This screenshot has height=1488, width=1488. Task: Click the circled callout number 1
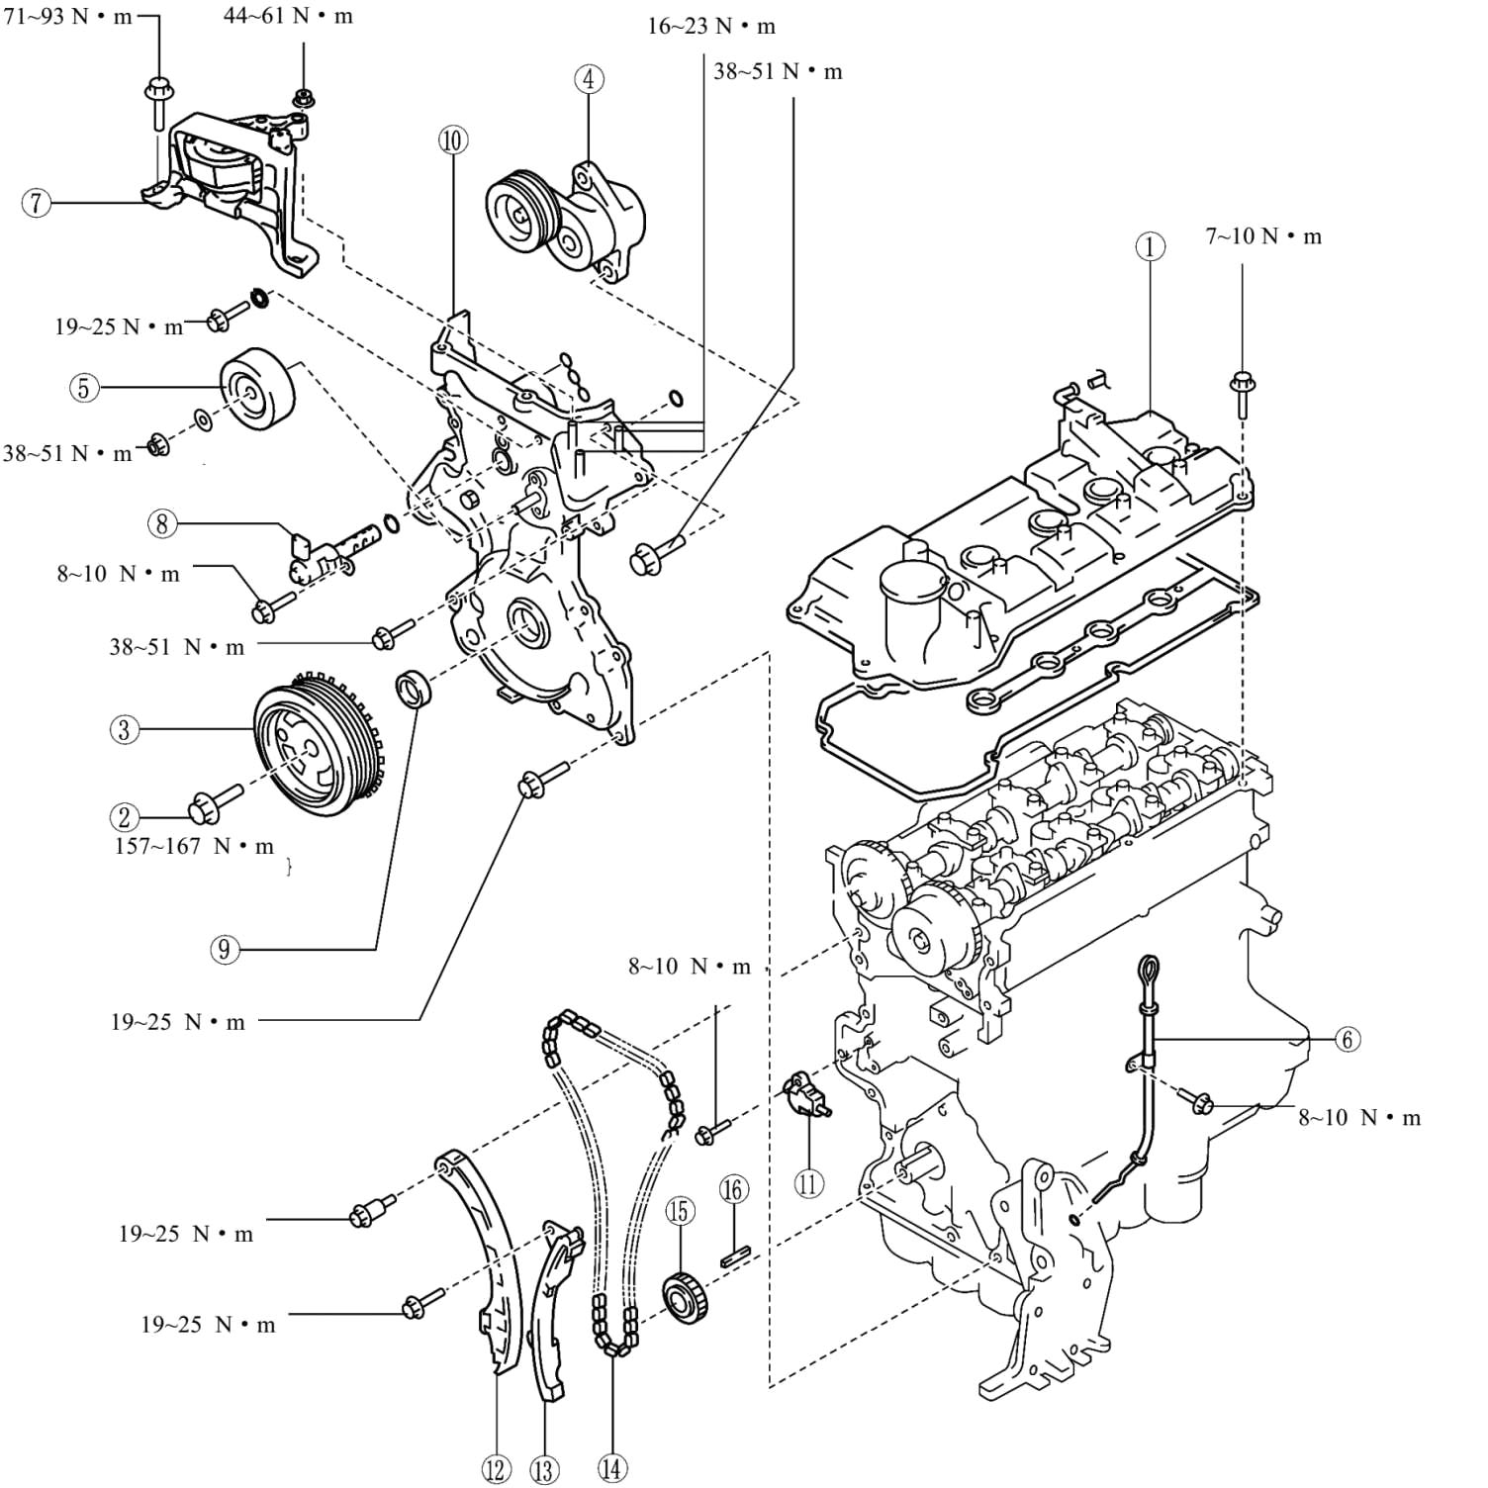tap(1150, 246)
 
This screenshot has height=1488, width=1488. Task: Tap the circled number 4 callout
tap(589, 79)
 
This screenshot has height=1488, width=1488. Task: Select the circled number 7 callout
tap(37, 204)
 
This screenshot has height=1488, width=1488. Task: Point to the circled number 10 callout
tap(453, 140)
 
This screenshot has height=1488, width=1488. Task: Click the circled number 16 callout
tap(733, 1189)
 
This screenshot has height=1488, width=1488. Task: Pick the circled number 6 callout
tap(1347, 1039)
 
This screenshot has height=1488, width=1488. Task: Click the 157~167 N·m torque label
tap(194, 847)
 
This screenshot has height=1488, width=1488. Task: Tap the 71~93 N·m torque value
tap(67, 17)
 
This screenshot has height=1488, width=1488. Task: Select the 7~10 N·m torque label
tap(1263, 236)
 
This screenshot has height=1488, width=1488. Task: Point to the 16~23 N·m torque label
tap(711, 27)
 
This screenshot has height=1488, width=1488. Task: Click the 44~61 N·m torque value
tap(288, 17)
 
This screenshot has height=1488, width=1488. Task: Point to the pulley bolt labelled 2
tap(215, 803)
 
